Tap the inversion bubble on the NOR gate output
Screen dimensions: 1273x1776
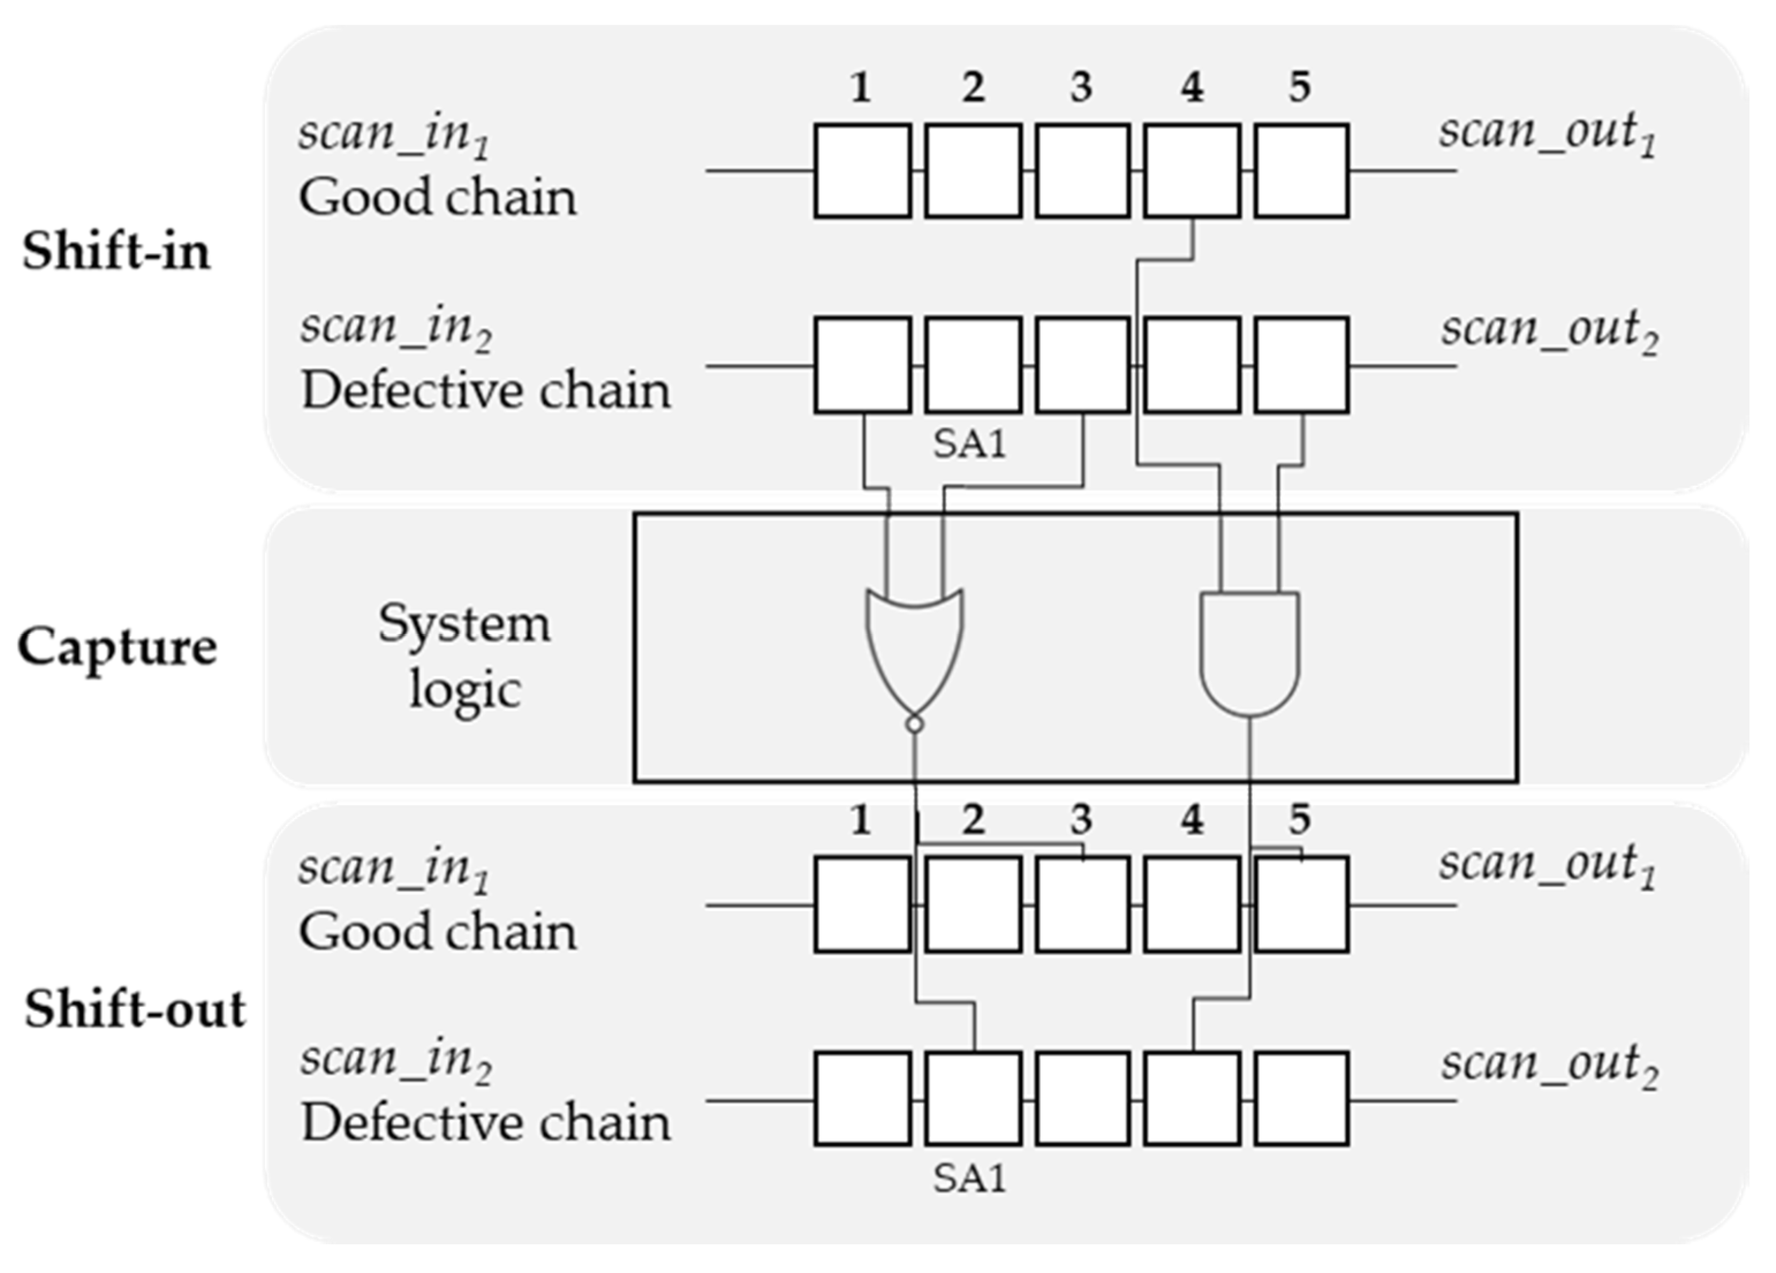coord(915,724)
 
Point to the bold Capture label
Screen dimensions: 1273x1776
coord(118,647)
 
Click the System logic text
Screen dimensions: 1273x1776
coord(464,656)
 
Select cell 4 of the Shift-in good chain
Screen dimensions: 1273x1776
coord(1192,171)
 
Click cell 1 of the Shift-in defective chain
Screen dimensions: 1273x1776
coord(862,365)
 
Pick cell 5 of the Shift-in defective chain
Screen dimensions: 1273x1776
coord(1302,365)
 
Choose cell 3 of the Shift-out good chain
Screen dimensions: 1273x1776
coord(1082,904)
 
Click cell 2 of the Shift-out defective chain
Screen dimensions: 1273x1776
coord(973,1098)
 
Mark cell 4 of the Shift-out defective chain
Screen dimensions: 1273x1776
coord(1192,1098)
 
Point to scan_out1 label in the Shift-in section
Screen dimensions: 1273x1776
coord(1547,133)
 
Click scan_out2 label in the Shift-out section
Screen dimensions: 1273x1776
coord(1550,1064)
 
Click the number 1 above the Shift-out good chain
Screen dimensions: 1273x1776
coord(860,820)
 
